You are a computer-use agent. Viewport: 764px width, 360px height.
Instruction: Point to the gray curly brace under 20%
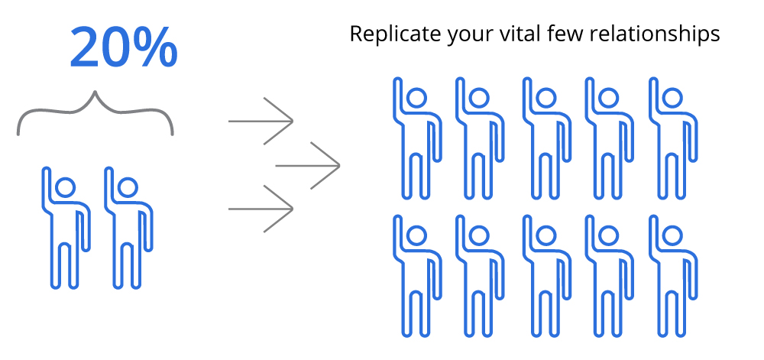[95, 115]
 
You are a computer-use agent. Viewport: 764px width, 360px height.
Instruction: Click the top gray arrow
[261, 121]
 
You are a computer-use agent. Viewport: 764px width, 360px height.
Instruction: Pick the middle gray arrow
[308, 164]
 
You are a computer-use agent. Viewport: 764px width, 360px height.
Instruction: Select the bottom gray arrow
[261, 208]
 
